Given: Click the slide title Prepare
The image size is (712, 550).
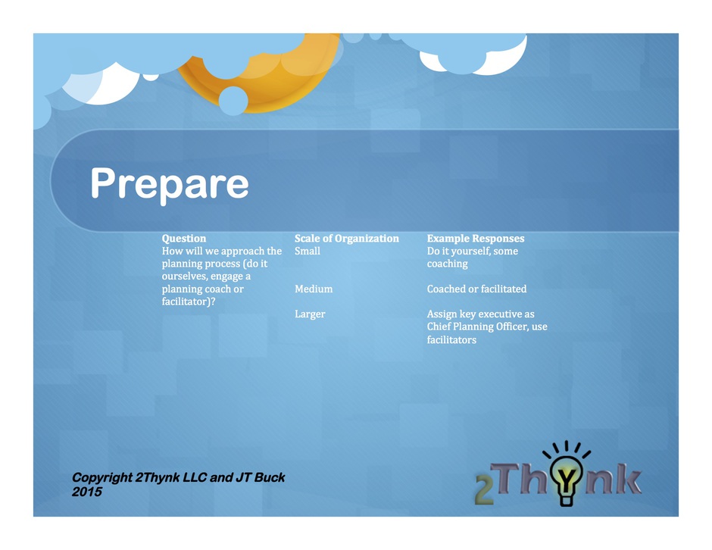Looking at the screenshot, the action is coord(170,183).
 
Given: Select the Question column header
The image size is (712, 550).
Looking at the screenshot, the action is coord(184,239).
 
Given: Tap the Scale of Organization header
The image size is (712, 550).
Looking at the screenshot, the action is coord(346,239).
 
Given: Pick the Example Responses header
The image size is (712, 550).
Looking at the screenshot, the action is coord(476,239).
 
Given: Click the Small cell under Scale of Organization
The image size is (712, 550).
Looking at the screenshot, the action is coord(308,251).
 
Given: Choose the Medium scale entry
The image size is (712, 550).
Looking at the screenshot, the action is coord(314,289).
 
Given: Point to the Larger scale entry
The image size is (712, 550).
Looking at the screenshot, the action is coord(310,314).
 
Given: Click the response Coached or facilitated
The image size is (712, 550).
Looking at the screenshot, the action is coord(476,289).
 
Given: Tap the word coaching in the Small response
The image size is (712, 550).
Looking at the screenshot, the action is coord(447,264).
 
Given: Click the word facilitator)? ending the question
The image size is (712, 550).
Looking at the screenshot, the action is coord(189,302).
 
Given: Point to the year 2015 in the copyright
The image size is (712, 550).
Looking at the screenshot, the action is coord(87,492).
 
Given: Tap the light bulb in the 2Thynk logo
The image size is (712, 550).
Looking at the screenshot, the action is coord(566,479).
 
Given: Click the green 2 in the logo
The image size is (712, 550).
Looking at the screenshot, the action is coord(485,490).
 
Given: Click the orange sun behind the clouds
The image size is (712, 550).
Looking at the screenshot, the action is coord(273,82).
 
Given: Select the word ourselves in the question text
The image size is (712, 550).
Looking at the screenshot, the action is coord(183,277).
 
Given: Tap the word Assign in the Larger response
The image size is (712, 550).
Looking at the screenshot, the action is coord(442,314).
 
